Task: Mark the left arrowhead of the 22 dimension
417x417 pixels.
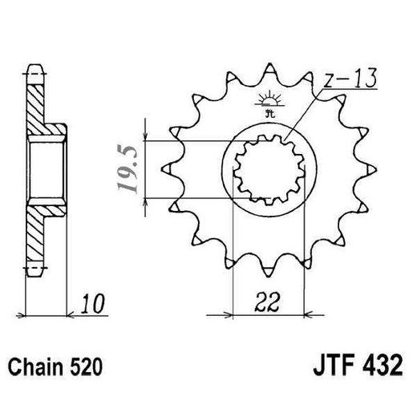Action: [235, 312]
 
